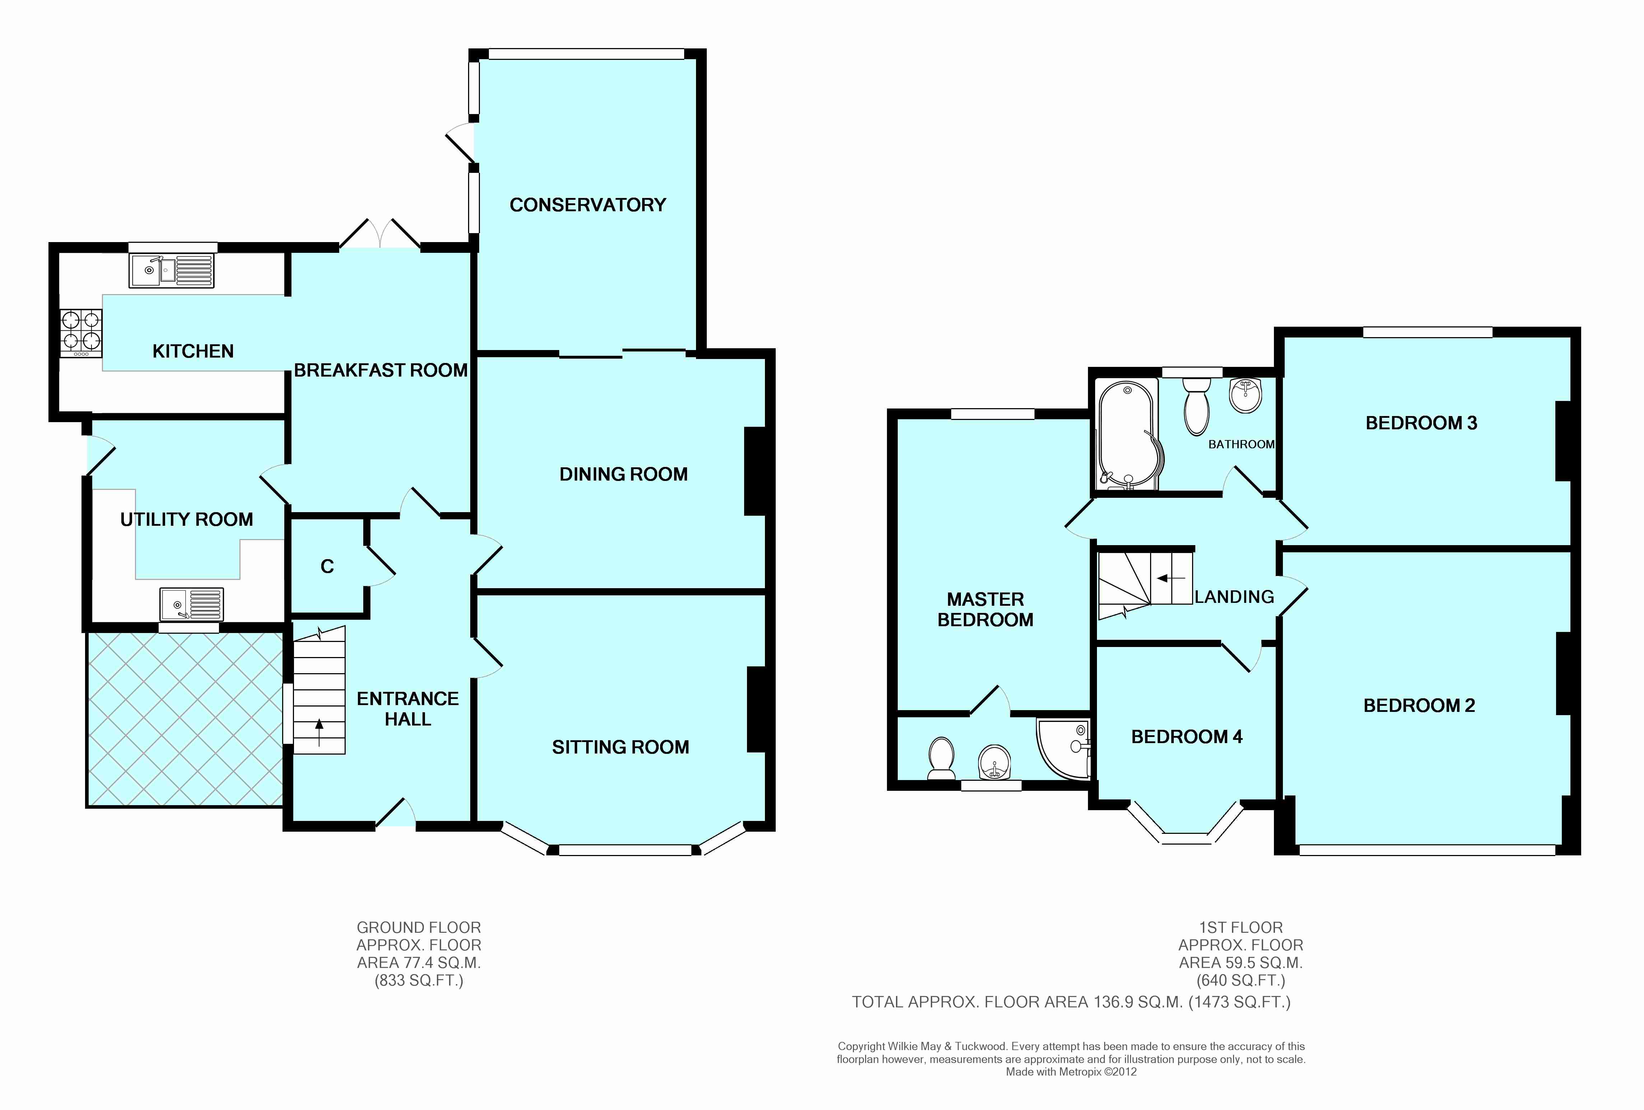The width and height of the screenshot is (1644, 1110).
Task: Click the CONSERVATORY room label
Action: tap(588, 205)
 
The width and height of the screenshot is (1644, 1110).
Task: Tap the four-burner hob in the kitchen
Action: tap(81, 334)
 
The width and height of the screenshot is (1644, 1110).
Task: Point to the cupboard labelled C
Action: tap(327, 566)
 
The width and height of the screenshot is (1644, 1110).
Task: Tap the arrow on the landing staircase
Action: tap(1171, 578)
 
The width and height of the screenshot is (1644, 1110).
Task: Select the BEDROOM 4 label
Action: tap(1186, 737)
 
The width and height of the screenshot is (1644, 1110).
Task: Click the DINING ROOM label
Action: tap(623, 474)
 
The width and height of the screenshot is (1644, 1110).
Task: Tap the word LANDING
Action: tap(1234, 597)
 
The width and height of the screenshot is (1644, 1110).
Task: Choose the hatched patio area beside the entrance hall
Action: tap(185, 719)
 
